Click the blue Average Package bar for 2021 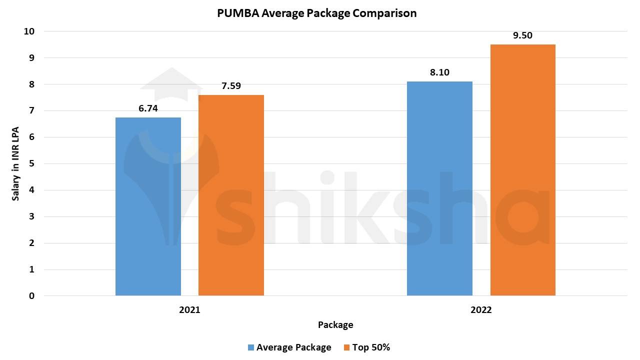click(148, 206)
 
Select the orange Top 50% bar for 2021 click(231, 195)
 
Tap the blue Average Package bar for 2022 click(439, 188)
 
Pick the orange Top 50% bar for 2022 click(522, 170)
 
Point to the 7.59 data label click(231, 86)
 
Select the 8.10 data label click(439, 72)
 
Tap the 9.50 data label click(522, 35)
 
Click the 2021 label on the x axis click(189, 310)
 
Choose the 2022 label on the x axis click(481, 310)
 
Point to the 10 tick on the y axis click(29, 31)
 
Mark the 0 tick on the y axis click(32, 296)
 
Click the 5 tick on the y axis click(32, 163)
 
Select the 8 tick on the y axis click(32, 84)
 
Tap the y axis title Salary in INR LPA click(16, 163)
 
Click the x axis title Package click(335, 325)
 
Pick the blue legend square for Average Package click(251, 347)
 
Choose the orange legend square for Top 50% click(346, 347)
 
